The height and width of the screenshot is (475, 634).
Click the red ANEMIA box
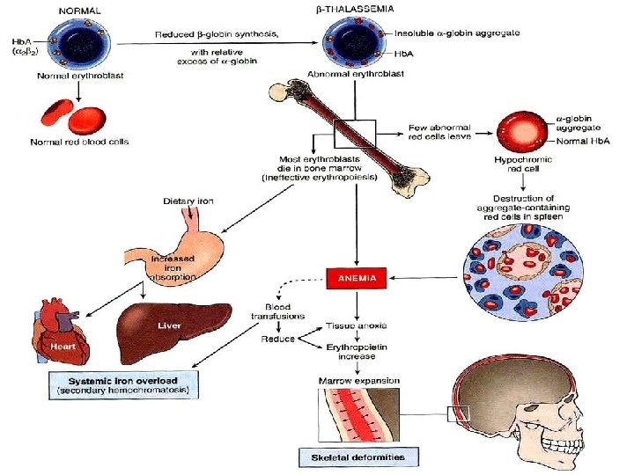tap(356, 278)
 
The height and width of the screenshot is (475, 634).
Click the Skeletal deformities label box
tap(358, 457)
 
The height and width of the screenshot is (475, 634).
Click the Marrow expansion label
tap(358, 381)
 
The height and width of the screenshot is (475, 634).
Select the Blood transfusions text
tap(277, 312)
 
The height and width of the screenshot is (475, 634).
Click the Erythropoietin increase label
tap(358, 353)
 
